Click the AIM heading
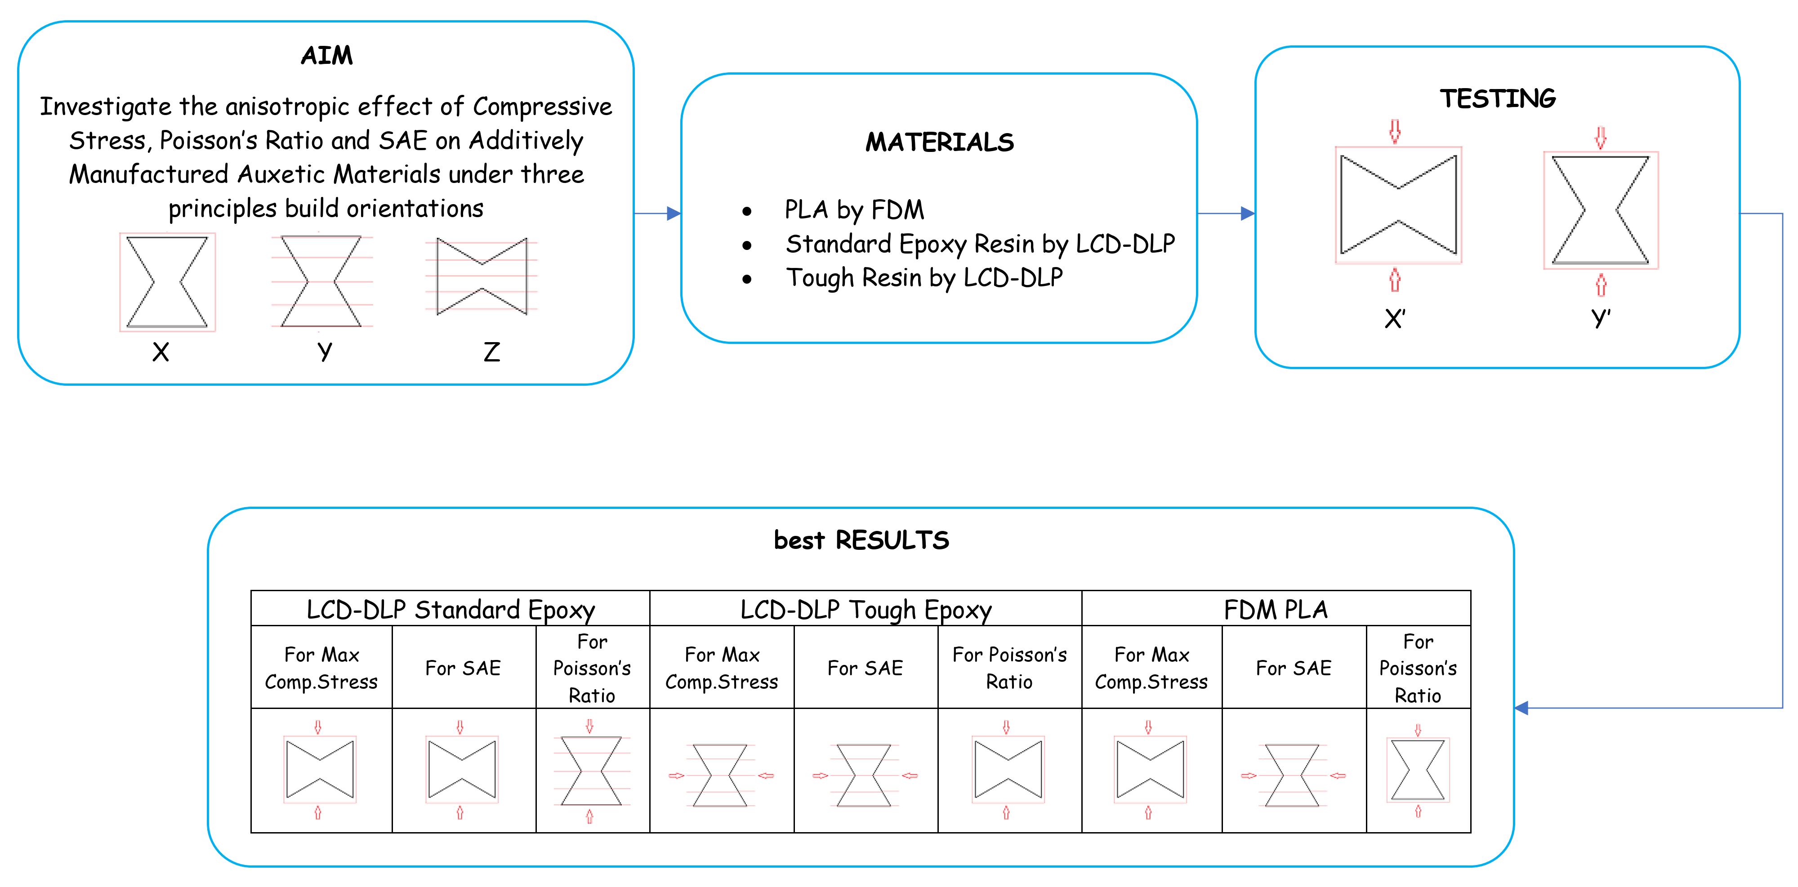(327, 55)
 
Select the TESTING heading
(1497, 98)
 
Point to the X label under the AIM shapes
(161, 352)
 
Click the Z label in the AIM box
(491, 352)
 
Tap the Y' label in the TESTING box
(1601, 319)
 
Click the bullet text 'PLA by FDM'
(854, 209)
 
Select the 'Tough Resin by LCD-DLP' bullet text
(924, 278)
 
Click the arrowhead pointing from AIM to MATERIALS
(674, 214)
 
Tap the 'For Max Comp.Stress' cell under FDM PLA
(1151, 668)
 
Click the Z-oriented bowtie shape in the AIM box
(482, 276)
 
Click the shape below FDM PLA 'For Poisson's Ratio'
(1418, 770)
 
